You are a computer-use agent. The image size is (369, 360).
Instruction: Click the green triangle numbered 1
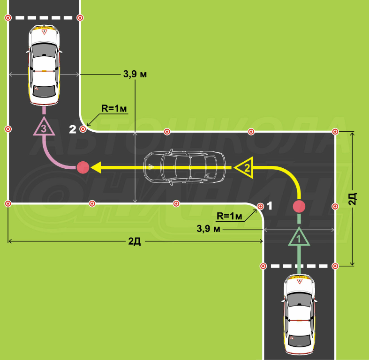point(299,238)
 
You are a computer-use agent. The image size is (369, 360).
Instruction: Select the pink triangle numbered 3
point(43,127)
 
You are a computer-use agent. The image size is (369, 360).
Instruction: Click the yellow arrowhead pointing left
point(97,167)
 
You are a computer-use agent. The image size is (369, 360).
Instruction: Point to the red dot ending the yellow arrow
point(83,167)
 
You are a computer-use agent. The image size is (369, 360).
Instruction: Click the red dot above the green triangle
point(299,206)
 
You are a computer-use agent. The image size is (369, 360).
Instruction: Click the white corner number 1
point(269,205)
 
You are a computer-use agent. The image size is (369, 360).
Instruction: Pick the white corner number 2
point(73,129)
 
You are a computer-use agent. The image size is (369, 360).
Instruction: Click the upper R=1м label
point(114,108)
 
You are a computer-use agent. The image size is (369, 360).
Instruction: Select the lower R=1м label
point(230,216)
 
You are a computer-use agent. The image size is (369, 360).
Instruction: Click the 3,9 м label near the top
point(135,74)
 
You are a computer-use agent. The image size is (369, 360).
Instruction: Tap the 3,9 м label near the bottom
point(209,229)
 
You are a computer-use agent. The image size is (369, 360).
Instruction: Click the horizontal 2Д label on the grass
point(135,241)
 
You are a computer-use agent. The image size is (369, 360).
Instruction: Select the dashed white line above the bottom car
point(299,266)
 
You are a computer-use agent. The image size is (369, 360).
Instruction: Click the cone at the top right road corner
point(335,132)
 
